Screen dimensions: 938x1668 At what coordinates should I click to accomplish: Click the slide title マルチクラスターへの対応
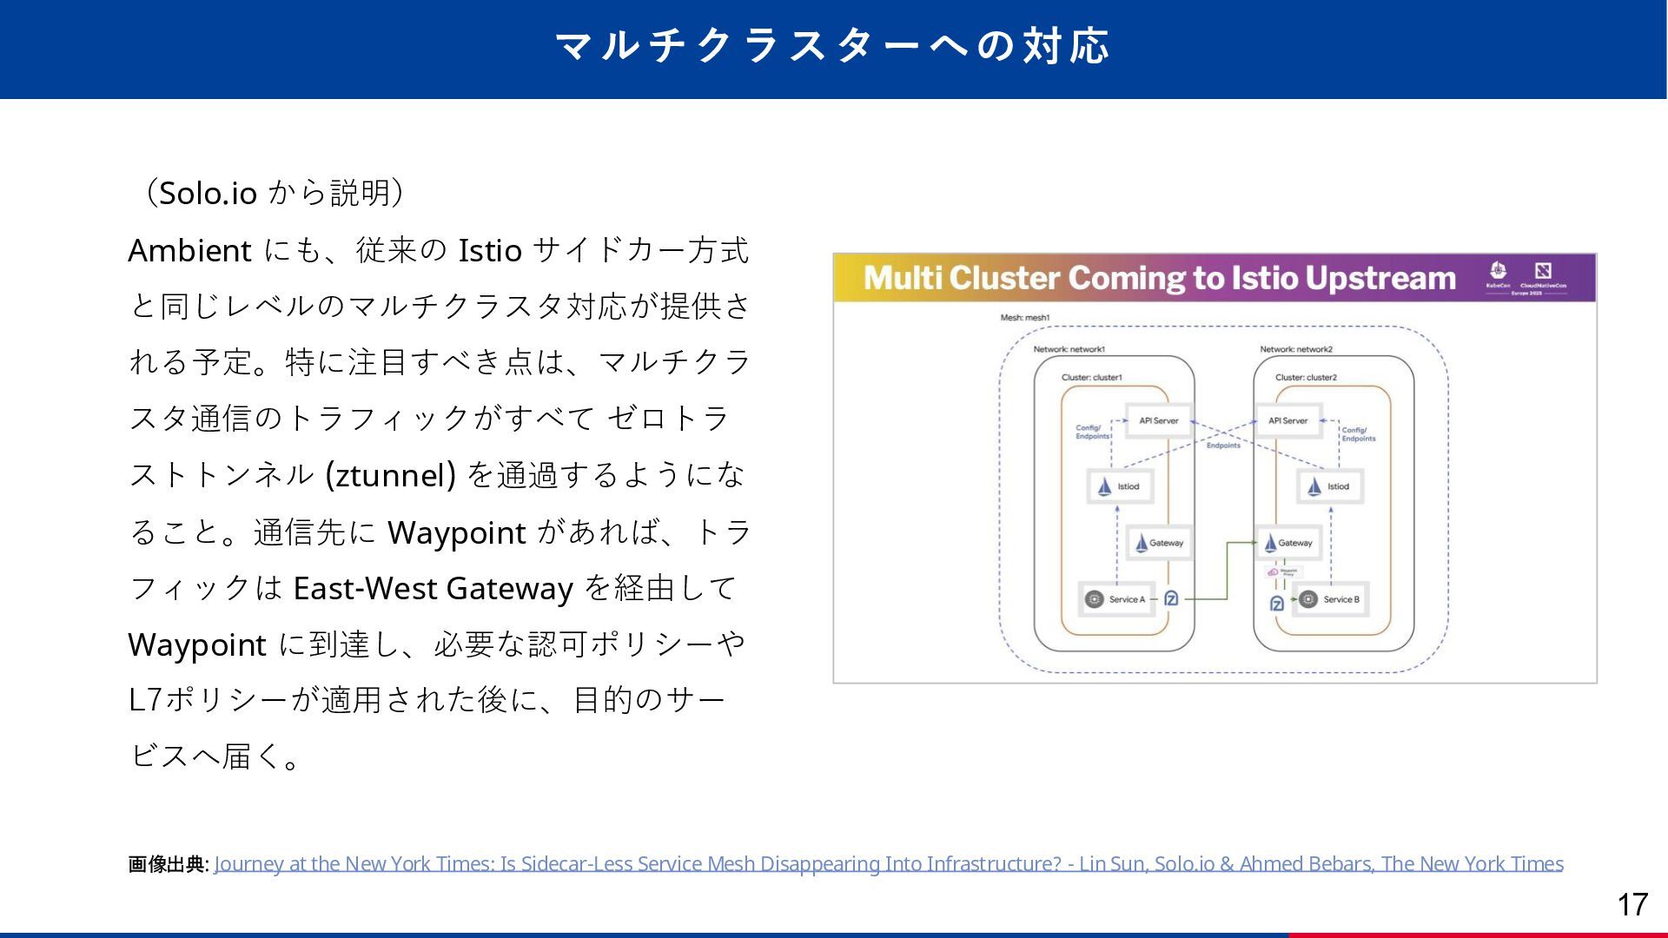[x=832, y=46]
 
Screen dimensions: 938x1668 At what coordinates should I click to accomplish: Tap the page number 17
[x=1632, y=904]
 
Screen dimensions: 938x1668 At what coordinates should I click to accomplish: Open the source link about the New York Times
[x=888, y=863]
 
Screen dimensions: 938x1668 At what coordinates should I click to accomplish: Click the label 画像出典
[x=167, y=864]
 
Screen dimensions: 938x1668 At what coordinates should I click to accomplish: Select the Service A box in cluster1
[x=1117, y=599]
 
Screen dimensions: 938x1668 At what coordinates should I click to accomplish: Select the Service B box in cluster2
[x=1331, y=599]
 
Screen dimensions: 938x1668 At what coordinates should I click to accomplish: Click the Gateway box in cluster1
[x=1158, y=543]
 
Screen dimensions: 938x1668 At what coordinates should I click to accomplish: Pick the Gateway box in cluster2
[x=1288, y=543]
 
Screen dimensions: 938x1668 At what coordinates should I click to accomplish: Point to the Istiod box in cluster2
[x=1329, y=486]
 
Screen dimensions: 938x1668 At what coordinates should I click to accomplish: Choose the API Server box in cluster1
[x=1158, y=420]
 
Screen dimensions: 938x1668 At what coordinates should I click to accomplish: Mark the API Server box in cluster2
[x=1287, y=420]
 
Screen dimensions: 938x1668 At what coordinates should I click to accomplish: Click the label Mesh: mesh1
[x=1025, y=318]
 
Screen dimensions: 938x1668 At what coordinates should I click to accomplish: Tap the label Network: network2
[x=1296, y=349]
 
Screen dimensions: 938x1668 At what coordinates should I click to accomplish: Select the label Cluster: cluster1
[x=1092, y=377]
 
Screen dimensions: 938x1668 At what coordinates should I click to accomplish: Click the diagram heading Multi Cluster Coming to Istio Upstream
[x=1159, y=278]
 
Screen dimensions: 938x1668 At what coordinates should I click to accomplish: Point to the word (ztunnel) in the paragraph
[x=390, y=475]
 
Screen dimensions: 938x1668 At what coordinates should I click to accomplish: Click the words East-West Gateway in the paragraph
[x=433, y=588]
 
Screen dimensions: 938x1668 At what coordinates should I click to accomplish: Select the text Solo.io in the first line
[x=208, y=193]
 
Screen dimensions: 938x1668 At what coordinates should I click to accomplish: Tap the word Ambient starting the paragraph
[x=189, y=250]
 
